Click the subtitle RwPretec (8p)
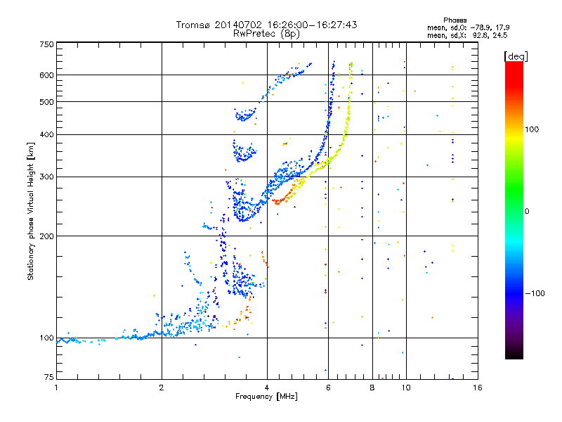point(266,34)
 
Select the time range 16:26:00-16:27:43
point(312,25)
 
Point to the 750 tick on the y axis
point(46,44)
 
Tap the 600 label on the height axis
point(46,75)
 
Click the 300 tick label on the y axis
point(46,177)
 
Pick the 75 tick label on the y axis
point(48,377)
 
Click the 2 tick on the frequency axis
point(162,388)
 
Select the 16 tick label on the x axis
point(478,388)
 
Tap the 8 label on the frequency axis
point(372,388)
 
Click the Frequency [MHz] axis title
point(266,397)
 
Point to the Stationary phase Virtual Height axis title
point(31,212)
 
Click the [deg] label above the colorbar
point(516,56)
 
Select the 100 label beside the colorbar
point(532,129)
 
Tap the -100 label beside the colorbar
point(535,293)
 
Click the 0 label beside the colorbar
point(527,212)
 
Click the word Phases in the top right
point(455,20)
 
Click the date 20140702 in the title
point(238,25)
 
